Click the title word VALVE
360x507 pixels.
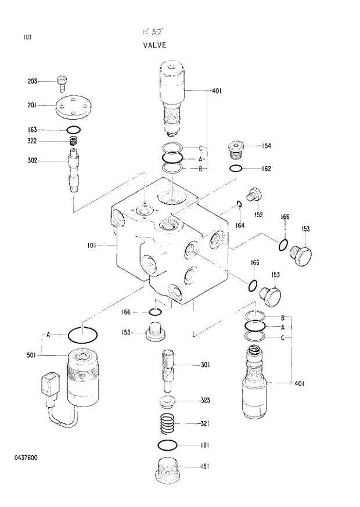(154, 44)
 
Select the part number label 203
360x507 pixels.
(33, 81)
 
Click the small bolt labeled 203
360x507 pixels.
(62, 83)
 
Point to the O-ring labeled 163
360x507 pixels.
(73, 130)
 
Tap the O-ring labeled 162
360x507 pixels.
(235, 169)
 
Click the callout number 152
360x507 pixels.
(258, 215)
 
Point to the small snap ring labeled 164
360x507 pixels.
(239, 203)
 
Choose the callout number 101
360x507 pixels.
(92, 246)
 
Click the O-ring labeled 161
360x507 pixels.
(167, 445)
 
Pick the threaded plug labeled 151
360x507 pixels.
(170, 469)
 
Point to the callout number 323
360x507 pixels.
(205, 401)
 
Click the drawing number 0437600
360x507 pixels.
(26, 458)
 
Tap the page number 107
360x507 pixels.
(27, 38)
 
